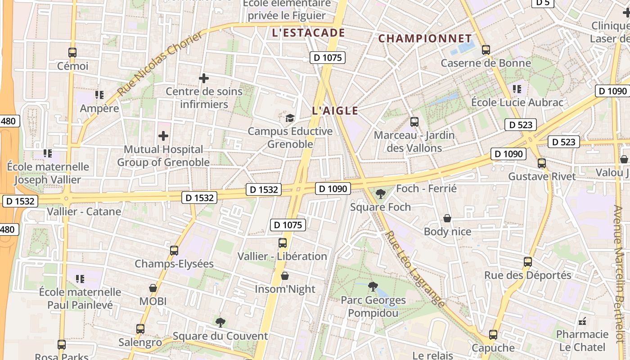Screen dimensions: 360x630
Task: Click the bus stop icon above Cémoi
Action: coord(72,52)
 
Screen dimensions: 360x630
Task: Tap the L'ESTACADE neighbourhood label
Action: coord(309,33)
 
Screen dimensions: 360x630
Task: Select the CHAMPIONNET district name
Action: coord(425,39)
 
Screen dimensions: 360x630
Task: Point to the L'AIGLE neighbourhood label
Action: coord(335,111)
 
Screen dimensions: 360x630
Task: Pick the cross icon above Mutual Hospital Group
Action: coord(163,135)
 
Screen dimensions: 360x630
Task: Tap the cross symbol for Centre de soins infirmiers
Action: coord(204,78)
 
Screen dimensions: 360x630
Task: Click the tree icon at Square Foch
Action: coord(380,194)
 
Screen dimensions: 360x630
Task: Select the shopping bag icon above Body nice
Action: coord(447,218)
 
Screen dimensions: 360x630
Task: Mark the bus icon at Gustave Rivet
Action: coord(542,163)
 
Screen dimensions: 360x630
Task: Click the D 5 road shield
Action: coord(543,3)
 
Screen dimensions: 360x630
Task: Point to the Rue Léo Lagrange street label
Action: coord(415,269)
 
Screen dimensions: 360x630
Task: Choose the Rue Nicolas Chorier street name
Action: coord(161,63)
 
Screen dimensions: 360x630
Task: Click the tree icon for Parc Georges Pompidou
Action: coord(373,286)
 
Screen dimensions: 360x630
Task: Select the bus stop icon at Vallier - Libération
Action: coord(283,243)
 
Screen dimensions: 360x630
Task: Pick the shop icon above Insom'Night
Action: coord(284,276)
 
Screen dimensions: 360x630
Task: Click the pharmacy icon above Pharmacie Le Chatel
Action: coord(582,321)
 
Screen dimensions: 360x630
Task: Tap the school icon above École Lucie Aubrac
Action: coord(517,89)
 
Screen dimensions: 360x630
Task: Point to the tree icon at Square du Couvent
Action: coord(220,322)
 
